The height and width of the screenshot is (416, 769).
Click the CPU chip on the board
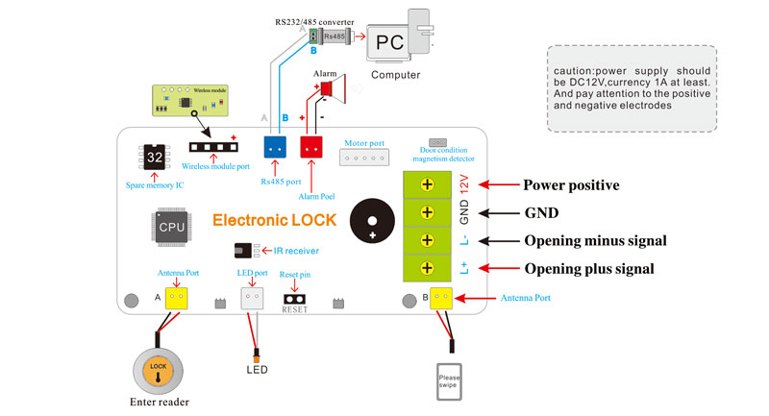[x=171, y=227]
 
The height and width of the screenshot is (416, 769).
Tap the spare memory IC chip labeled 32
[x=155, y=158]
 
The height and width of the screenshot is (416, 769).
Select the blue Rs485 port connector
[x=276, y=147]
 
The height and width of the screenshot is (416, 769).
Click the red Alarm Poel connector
[x=311, y=147]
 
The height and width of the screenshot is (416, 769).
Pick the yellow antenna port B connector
[x=442, y=298]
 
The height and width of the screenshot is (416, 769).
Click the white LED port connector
[x=252, y=298]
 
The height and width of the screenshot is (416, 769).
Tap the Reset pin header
[x=292, y=299]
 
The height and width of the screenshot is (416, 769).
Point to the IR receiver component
[x=245, y=251]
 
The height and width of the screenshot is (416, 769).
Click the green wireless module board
[x=192, y=100]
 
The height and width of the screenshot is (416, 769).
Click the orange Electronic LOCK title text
[x=274, y=220]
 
